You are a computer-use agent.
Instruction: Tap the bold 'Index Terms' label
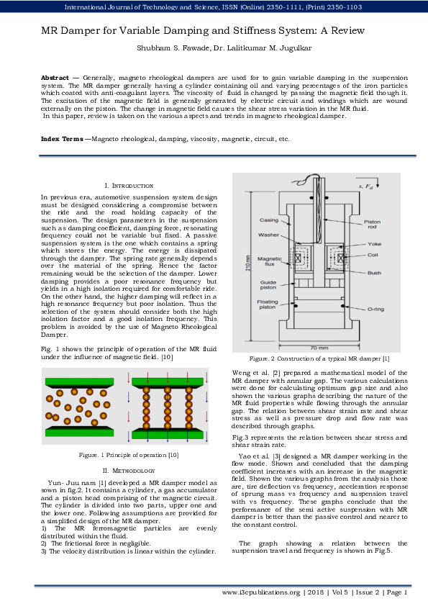61,138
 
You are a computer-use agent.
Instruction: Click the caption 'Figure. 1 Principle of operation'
128,455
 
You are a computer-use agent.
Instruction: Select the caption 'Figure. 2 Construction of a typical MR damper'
319,358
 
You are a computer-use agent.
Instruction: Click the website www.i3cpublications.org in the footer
260,592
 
